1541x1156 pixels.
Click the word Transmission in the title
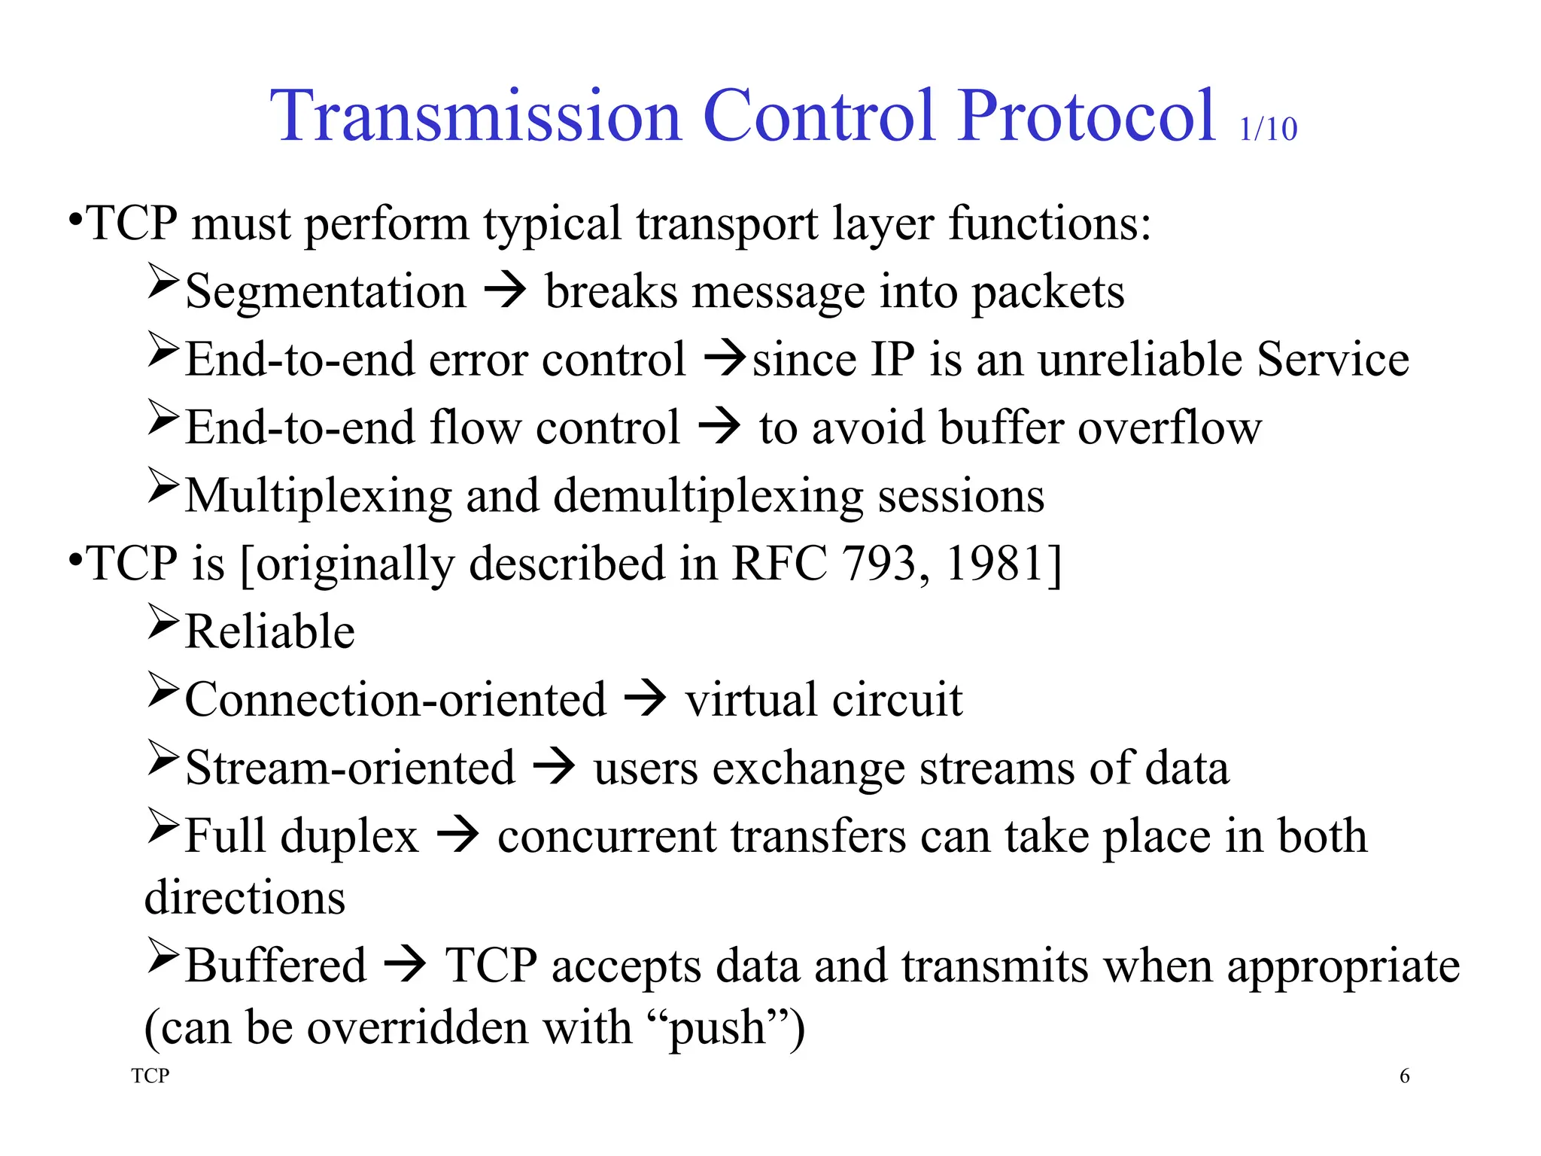pyautogui.click(x=476, y=117)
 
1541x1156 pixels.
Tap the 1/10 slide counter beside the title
pyautogui.click(x=1268, y=129)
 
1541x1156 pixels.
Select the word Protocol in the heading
pyautogui.click(x=1087, y=117)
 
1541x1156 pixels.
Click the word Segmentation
pyautogui.click(x=325, y=292)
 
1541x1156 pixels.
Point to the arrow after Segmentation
pyautogui.click(x=505, y=291)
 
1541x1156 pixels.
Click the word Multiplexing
pyautogui.click(x=318, y=497)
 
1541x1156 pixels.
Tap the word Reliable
pyautogui.click(x=270, y=632)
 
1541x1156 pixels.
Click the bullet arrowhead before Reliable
pyautogui.click(x=163, y=622)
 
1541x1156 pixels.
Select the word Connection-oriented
pyautogui.click(x=395, y=701)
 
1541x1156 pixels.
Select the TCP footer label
pyautogui.click(x=150, y=1076)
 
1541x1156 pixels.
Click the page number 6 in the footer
pyautogui.click(x=1404, y=1077)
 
